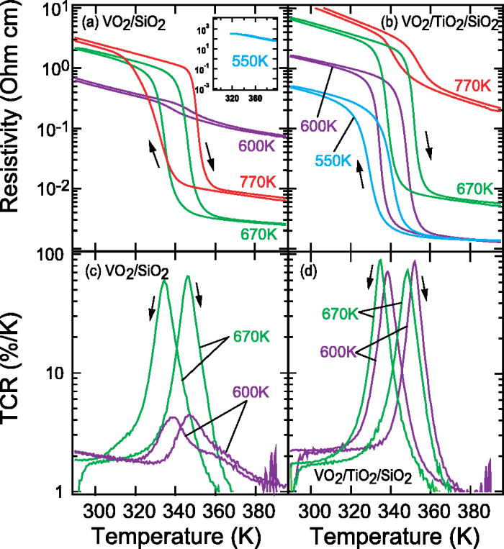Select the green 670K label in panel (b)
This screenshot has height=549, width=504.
pyautogui.click(x=474, y=188)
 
